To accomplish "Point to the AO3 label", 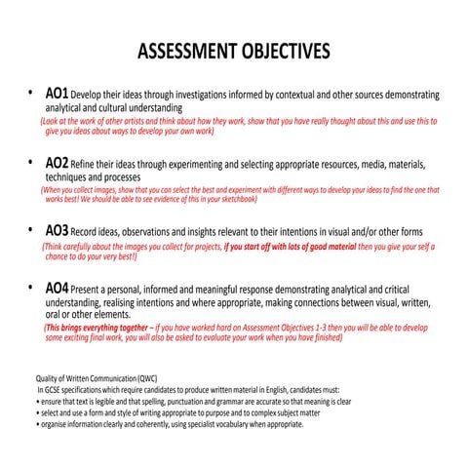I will [58, 232].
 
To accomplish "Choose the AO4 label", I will [58, 290].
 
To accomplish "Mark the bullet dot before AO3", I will [29, 233].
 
